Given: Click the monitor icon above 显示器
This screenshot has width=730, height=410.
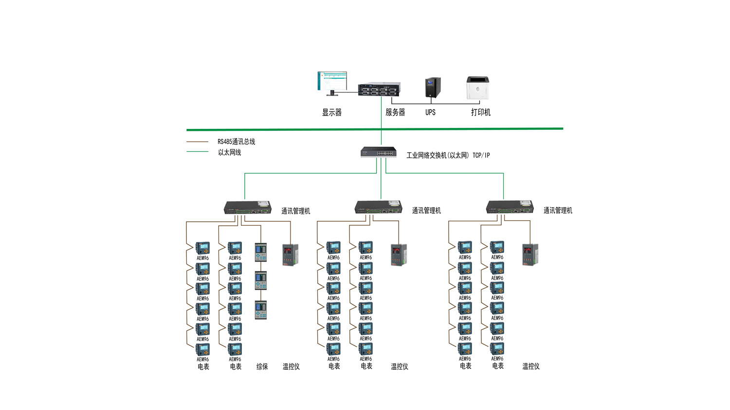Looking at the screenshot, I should [332, 83].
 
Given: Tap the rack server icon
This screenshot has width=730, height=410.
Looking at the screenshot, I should [379, 89].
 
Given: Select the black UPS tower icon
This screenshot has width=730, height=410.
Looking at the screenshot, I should [432, 88].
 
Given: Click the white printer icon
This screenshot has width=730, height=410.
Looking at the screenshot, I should [477, 88].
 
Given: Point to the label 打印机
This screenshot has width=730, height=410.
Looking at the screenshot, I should [480, 112].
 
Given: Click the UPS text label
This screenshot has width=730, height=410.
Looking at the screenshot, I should [430, 112].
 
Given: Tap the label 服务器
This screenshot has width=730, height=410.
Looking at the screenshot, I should [395, 112].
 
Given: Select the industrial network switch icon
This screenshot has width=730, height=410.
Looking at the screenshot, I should [378, 152].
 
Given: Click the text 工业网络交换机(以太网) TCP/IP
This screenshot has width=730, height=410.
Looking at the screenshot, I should [448, 156].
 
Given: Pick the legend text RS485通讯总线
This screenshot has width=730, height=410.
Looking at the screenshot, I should [236, 142].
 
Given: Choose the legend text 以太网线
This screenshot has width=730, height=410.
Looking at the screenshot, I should [229, 153].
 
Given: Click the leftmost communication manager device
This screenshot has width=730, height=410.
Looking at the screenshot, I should [247, 208].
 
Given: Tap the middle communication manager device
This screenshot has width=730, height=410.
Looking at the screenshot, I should [378, 207].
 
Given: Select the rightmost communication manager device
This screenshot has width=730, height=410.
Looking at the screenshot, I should [510, 207].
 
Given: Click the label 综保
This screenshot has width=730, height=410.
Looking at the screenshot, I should [262, 367].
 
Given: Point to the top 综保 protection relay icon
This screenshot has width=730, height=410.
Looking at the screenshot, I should [261, 252].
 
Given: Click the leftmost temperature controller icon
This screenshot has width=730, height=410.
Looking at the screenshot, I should [290, 254].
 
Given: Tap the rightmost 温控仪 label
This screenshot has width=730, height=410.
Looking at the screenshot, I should [530, 367].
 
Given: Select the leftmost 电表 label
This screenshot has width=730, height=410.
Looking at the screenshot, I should [203, 367].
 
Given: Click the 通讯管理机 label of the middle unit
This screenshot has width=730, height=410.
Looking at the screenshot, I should [426, 211].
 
